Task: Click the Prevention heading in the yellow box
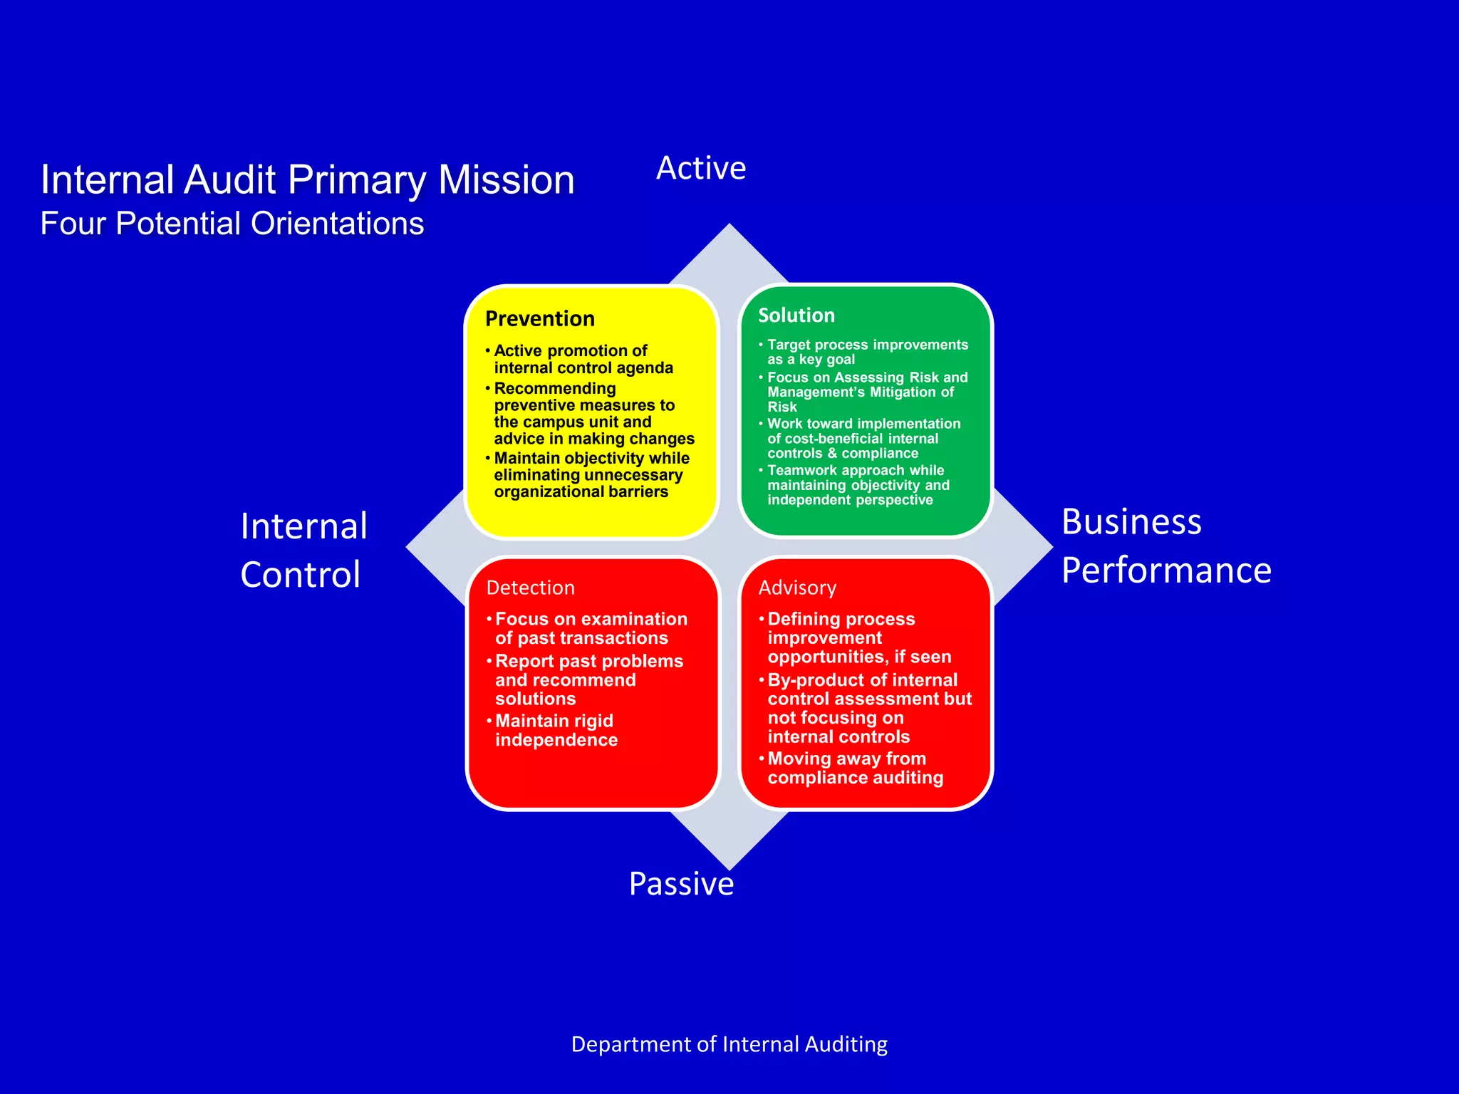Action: (x=539, y=318)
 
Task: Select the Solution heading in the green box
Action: (x=796, y=315)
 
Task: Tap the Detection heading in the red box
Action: (x=530, y=588)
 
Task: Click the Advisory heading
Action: (x=797, y=588)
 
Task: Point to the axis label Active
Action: (x=701, y=169)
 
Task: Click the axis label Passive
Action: (x=681, y=884)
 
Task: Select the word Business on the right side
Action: (x=1131, y=522)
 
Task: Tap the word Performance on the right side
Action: (x=1166, y=571)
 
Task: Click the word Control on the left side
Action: (x=301, y=575)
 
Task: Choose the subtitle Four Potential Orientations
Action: (x=232, y=224)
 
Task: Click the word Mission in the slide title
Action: (x=506, y=179)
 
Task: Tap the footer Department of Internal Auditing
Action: (x=729, y=1044)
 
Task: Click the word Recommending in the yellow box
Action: (x=554, y=388)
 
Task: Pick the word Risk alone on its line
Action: (x=782, y=407)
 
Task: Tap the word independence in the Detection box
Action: (x=556, y=740)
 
